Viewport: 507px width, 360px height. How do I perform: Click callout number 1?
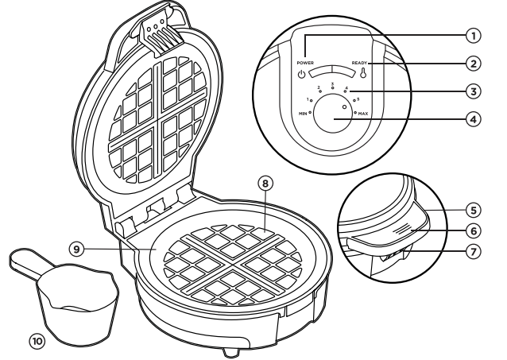(474, 36)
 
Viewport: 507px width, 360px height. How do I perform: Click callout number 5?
(474, 211)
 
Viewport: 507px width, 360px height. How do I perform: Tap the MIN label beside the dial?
(304, 114)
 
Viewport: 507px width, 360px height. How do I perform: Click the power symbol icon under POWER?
(302, 76)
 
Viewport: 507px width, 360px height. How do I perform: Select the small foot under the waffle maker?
(231, 350)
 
